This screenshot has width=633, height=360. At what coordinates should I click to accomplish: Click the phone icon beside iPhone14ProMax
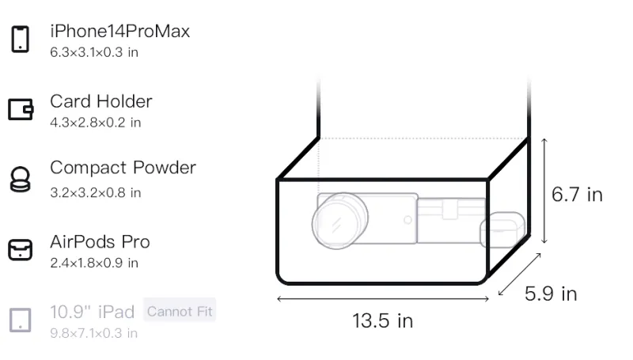click(x=21, y=39)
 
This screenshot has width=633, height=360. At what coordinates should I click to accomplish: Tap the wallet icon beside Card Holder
click(x=21, y=109)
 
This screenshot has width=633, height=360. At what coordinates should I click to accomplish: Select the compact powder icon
click(x=20, y=179)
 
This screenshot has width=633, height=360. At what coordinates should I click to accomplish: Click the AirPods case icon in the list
click(x=21, y=250)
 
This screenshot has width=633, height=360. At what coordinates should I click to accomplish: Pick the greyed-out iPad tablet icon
click(x=21, y=320)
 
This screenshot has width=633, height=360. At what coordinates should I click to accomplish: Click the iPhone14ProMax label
click(x=120, y=31)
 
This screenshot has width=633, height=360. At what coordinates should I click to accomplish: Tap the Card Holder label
click(x=101, y=101)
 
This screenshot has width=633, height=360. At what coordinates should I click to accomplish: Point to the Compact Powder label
click(x=123, y=168)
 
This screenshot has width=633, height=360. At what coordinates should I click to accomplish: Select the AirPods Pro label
click(x=100, y=242)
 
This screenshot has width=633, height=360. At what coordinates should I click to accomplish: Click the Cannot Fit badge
click(x=180, y=311)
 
